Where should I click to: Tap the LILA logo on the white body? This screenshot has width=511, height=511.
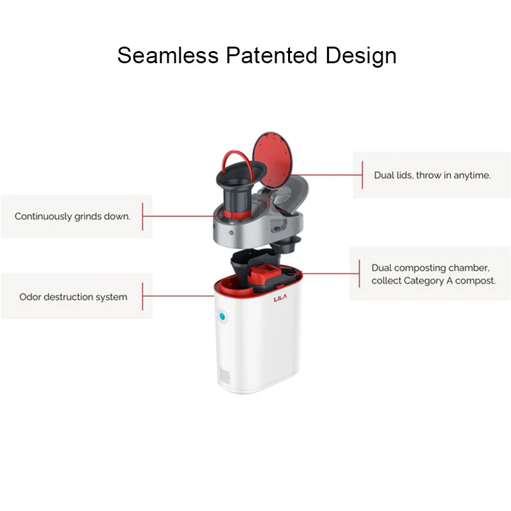[x=282, y=298]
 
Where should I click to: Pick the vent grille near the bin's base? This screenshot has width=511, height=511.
[x=224, y=376]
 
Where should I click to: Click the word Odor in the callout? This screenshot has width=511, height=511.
[x=31, y=297]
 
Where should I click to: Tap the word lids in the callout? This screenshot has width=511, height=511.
[x=404, y=175]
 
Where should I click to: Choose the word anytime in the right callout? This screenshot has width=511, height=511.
[x=472, y=175]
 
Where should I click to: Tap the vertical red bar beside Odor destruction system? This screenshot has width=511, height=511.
[x=142, y=297]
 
